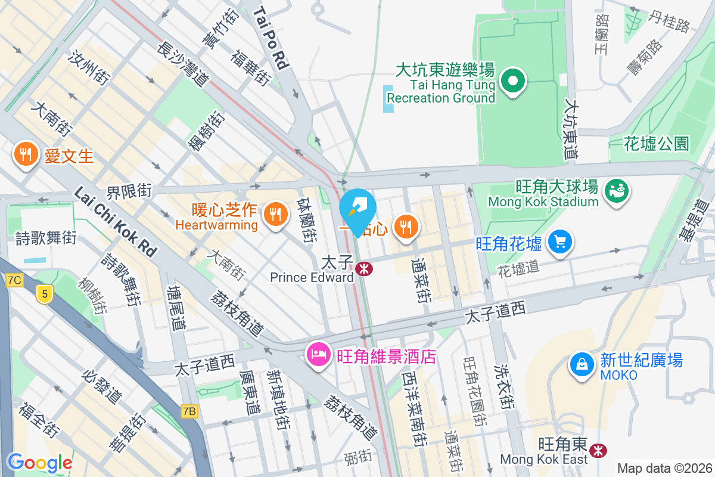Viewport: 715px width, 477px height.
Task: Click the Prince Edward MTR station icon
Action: point(364,269)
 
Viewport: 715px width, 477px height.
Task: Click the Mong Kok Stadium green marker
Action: point(616,191)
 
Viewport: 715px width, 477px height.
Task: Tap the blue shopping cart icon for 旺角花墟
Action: point(559,241)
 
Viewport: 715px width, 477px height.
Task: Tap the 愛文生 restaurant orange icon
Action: point(24,156)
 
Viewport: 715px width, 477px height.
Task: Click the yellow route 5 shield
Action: point(43,293)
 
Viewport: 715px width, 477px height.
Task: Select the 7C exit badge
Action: point(15,280)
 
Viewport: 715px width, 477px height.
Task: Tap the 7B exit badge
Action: point(189,411)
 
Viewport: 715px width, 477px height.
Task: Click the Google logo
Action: point(39,462)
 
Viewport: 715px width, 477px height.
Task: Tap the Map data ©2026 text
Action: point(664,468)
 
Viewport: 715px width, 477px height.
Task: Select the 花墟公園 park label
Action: point(656,143)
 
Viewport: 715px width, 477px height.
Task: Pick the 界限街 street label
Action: point(129,191)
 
